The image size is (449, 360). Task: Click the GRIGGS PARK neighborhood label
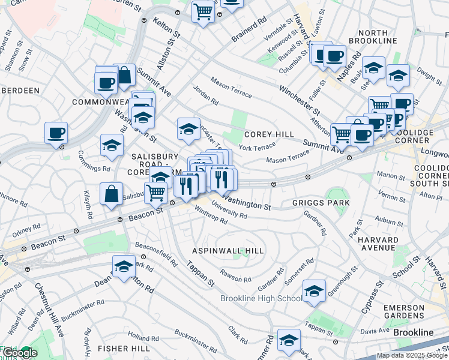pyautogui.click(x=321, y=203)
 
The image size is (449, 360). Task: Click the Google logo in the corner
pyautogui.click(x=20, y=353)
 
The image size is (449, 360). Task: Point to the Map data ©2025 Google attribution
pyautogui.click(x=412, y=355)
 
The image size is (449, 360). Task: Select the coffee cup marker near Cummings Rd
pyautogui.click(x=56, y=133)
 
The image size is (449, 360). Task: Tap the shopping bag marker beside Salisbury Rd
pyautogui.click(x=111, y=194)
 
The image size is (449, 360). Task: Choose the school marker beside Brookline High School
pyautogui.click(x=314, y=291)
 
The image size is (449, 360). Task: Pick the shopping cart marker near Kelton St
pyautogui.click(x=203, y=11)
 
